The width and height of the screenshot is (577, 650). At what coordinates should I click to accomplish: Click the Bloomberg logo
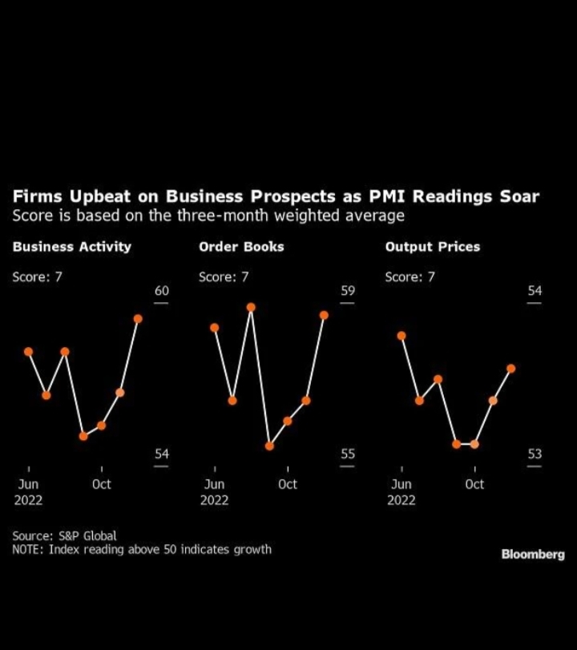(x=533, y=554)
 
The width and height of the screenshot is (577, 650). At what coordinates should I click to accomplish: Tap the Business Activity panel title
(x=71, y=247)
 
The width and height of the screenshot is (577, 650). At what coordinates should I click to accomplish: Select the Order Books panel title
(x=241, y=247)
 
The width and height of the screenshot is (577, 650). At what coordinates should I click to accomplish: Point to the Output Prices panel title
(x=432, y=247)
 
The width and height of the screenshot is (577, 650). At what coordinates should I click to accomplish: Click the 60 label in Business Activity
(x=162, y=291)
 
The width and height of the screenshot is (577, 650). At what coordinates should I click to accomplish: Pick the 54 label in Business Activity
(x=162, y=454)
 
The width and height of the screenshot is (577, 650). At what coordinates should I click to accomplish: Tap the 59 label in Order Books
(x=348, y=291)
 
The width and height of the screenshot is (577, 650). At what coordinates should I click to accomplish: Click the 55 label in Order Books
(x=348, y=454)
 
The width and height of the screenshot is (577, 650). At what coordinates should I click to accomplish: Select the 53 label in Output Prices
(x=535, y=454)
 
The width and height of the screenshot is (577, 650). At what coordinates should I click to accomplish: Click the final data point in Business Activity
(x=138, y=319)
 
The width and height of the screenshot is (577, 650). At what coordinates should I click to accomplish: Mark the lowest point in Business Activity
(x=83, y=436)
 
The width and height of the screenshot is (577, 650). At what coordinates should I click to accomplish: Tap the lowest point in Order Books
(x=269, y=446)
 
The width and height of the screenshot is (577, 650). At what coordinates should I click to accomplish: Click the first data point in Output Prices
(x=401, y=336)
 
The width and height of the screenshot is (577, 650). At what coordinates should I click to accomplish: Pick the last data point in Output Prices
(x=510, y=369)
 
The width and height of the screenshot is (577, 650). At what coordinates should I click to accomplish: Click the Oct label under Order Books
(x=287, y=484)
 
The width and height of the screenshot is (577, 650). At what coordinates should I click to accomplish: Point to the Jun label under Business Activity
(x=28, y=484)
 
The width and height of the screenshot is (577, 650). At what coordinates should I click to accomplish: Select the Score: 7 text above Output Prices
(x=410, y=277)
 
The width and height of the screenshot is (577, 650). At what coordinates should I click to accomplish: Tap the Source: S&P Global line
(x=64, y=535)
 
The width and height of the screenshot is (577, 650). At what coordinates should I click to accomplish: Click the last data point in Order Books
(x=324, y=315)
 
